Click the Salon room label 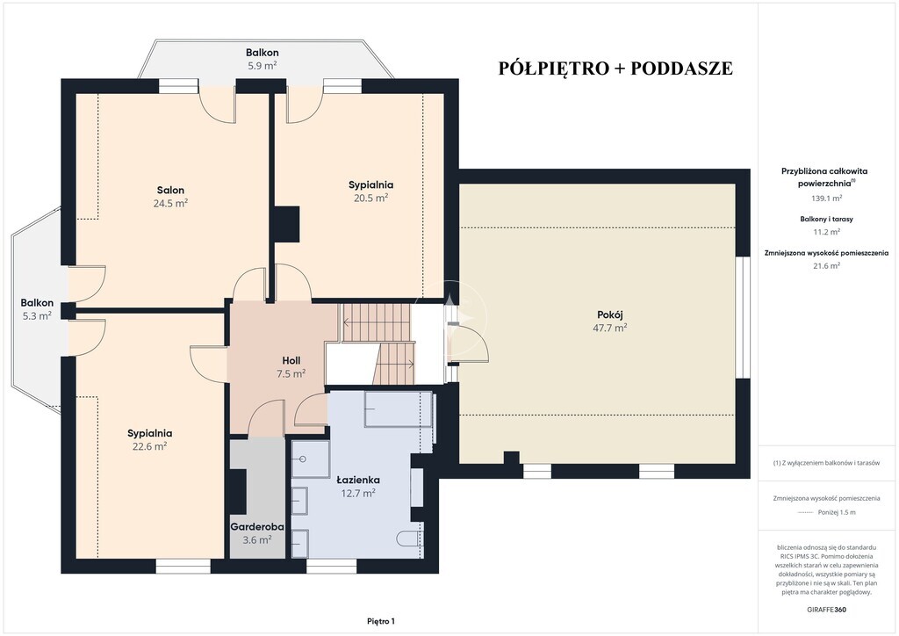point(171,190)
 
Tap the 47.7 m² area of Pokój point(609,328)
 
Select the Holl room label point(291,361)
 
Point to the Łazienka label point(358,480)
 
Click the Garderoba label point(257,526)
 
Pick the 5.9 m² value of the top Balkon point(263,65)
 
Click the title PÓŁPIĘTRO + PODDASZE point(615,68)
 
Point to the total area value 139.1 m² point(826,199)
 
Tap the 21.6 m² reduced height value point(826,265)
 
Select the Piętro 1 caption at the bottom point(381,621)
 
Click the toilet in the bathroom point(409,538)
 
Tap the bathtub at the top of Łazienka point(399,409)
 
